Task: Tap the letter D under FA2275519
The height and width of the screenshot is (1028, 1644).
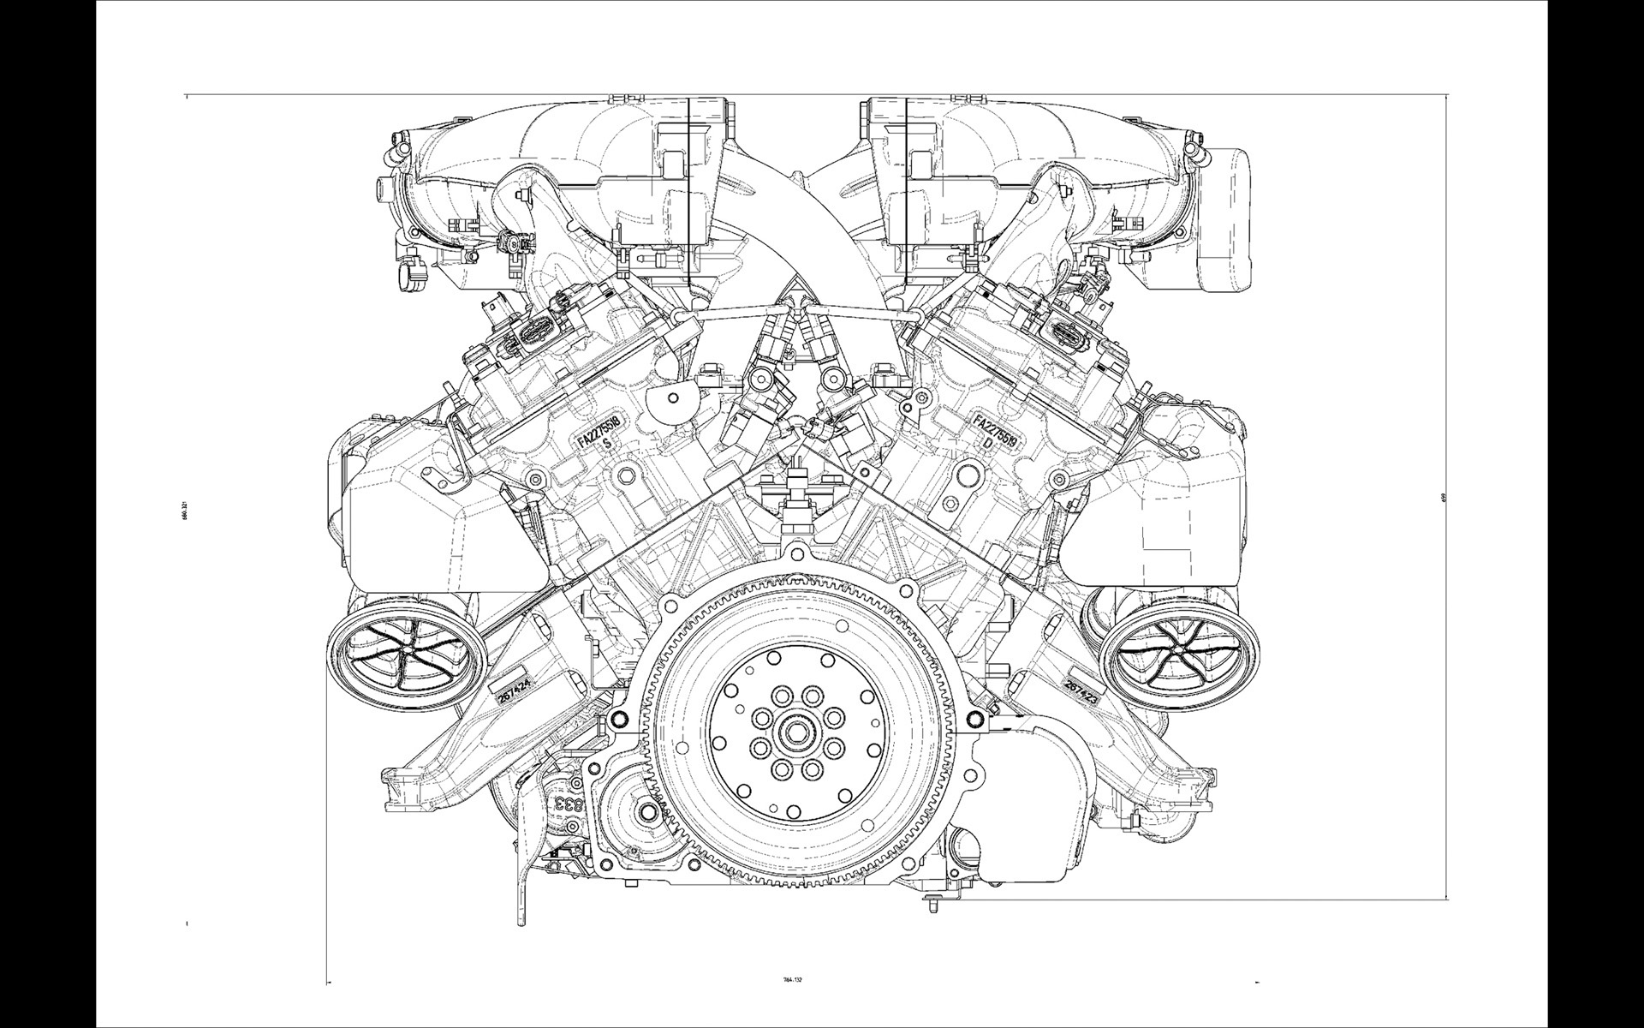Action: click(x=987, y=444)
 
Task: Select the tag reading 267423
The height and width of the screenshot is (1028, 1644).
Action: click(x=1081, y=690)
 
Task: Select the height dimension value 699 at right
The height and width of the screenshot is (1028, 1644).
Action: click(x=1444, y=496)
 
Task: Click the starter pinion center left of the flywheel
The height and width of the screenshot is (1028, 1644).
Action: click(x=648, y=810)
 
